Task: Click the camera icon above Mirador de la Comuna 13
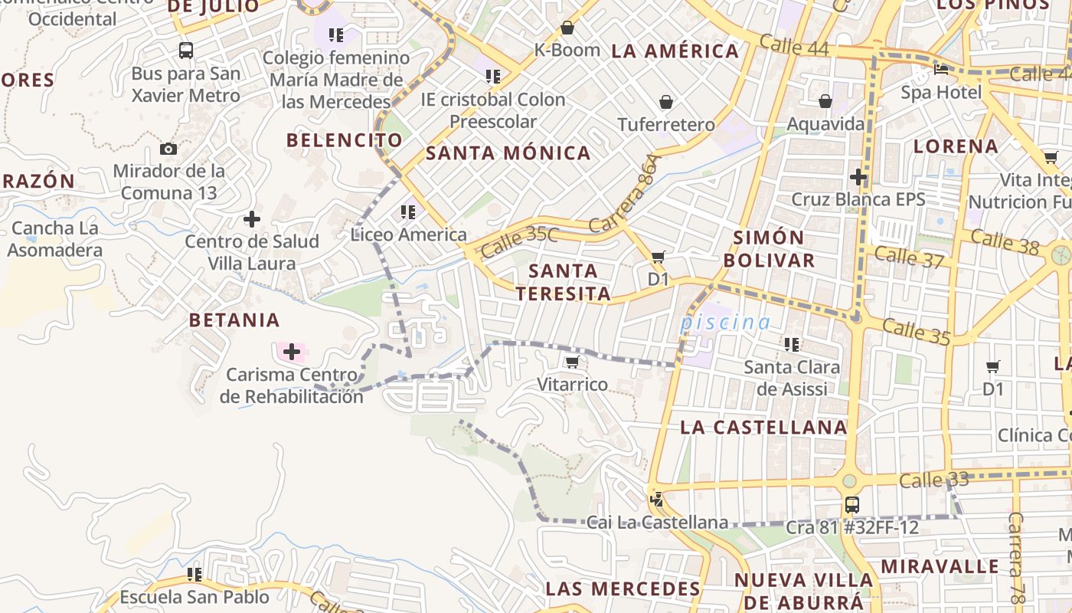point(168,149)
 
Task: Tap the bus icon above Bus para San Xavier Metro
point(185,51)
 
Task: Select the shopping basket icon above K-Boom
point(567,28)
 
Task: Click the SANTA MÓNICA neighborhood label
point(508,153)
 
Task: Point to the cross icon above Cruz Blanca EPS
point(858,177)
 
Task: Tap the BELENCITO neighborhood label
point(344,140)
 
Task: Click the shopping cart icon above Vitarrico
point(572,362)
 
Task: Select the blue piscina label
point(725,323)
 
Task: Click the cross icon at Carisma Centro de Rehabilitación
point(291,352)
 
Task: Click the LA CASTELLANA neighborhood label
point(763,428)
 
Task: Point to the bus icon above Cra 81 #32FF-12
point(851,505)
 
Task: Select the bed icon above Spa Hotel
point(941,70)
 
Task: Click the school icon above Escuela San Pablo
point(194,574)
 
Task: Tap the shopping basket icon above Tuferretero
point(666,102)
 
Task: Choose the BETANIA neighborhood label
point(234,320)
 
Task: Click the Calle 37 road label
point(909,257)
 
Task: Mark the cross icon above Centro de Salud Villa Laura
point(252,220)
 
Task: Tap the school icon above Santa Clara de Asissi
point(792,345)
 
